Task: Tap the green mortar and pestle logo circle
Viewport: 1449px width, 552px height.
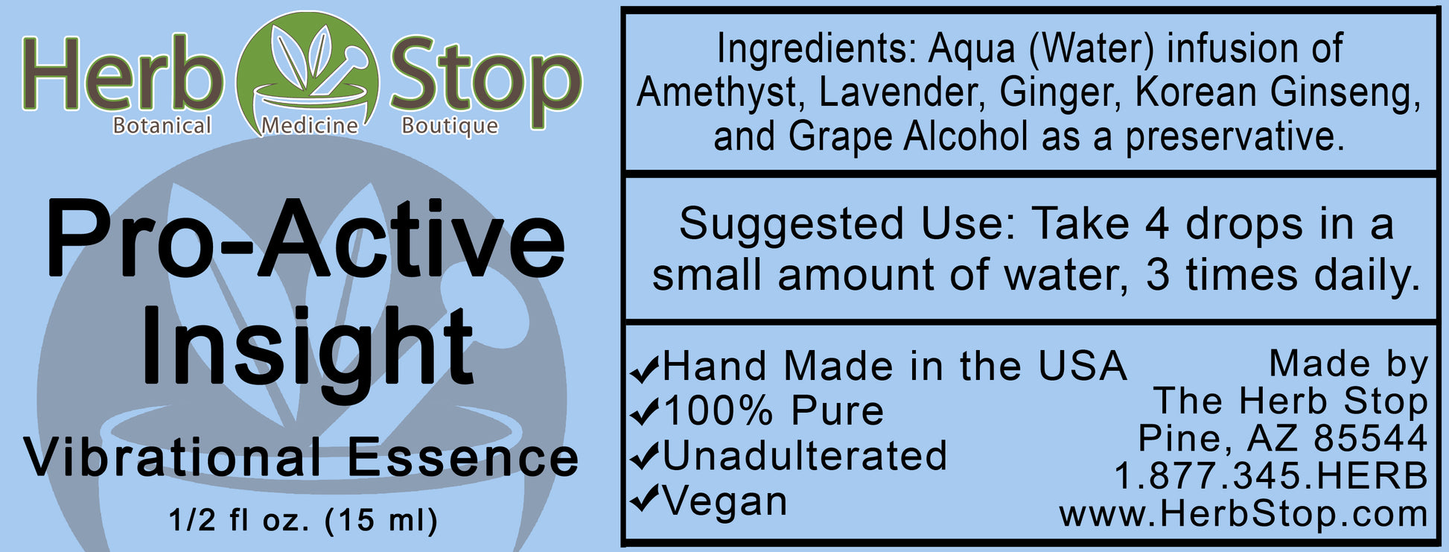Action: pyautogui.click(x=308, y=74)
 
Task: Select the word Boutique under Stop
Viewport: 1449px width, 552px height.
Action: pyautogui.click(x=450, y=126)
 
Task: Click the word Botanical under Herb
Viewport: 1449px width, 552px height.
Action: pyautogui.click(x=162, y=125)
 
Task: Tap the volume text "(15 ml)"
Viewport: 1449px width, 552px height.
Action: pyautogui.click(x=381, y=519)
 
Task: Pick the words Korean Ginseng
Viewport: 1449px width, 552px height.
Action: pyautogui.click(x=1276, y=93)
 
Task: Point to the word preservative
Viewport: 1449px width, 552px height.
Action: pyautogui.click(x=1235, y=137)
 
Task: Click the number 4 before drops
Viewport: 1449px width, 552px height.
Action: pyautogui.click(x=1156, y=224)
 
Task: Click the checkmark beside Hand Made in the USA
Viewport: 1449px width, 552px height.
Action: pyautogui.click(x=645, y=368)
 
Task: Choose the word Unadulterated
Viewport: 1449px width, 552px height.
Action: pyautogui.click(x=804, y=455)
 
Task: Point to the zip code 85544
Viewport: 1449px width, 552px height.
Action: pyautogui.click(x=1370, y=438)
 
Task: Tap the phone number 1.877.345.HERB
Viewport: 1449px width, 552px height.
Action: pyautogui.click(x=1270, y=476)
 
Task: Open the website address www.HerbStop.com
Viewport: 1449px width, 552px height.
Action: pyautogui.click(x=1243, y=514)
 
